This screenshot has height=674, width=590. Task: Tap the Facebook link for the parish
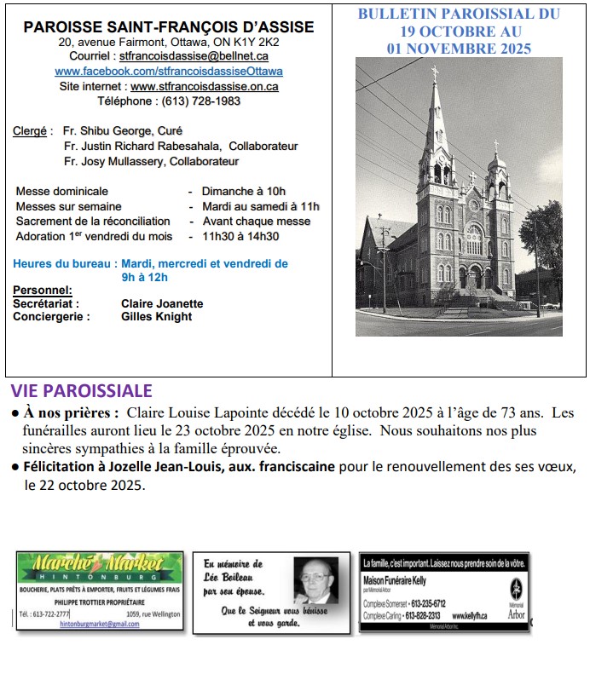(169, 71)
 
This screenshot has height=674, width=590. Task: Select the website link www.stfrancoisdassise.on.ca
(205, 86)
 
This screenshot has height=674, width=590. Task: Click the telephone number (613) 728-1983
(197, 101)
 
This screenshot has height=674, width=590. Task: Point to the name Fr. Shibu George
(111, 131)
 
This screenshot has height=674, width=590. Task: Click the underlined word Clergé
(30, 131)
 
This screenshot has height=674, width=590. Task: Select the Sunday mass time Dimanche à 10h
(244, 191)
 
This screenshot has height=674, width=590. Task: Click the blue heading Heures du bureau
(65, 264)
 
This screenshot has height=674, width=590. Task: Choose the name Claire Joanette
(162, 303)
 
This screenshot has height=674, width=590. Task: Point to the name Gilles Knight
(157, 317)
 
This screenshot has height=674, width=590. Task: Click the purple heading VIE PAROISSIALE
(82, 391)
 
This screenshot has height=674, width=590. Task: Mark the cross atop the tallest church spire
(435, 72)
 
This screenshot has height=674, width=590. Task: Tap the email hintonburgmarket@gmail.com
(100, 624)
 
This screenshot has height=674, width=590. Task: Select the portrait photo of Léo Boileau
(316, 581)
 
